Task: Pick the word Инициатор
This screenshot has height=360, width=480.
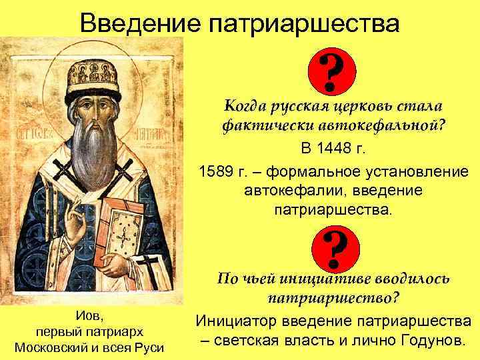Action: [237, 321]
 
